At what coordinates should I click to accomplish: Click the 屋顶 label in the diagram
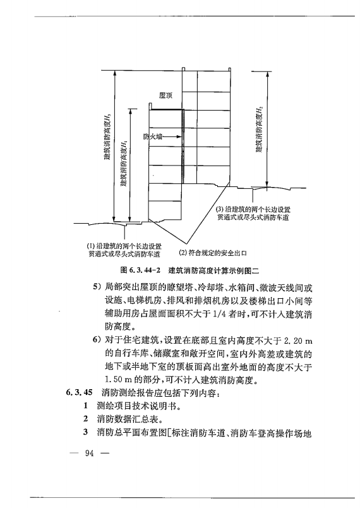point(167,94)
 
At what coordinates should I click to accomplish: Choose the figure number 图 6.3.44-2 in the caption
point(138,269)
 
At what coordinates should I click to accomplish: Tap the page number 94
point(88,452)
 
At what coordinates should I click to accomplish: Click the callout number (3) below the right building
point(220,209)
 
